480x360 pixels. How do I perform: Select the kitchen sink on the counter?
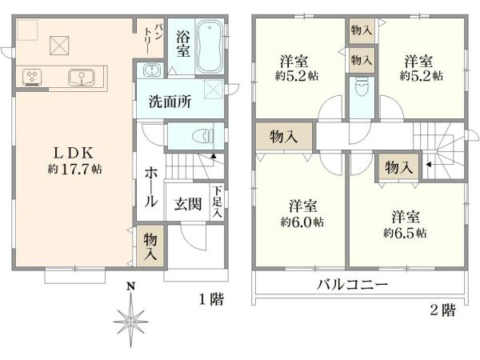pyautogui.click(x=81, y=77)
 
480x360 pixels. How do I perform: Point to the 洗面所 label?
pyautogui.click(x=168, y=102)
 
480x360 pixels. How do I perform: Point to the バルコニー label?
pyautogui.click(x=351, y=285)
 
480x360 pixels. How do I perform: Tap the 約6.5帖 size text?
pyautogui.click(x=404, y=233)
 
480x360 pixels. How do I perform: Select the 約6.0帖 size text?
pyautogui.click(x=302, y=222)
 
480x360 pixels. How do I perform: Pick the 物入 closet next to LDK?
pyautogui.click(x=150, y=246)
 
